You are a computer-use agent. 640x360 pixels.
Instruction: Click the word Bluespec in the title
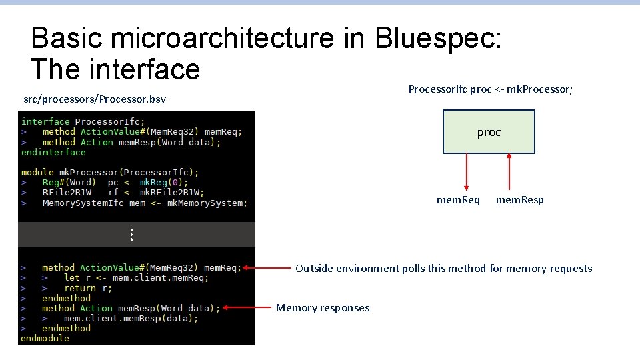(x=437, y=39)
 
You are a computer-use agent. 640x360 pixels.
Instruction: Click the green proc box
(x=489, y=132)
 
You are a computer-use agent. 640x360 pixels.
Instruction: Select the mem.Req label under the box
(x=458, y=200)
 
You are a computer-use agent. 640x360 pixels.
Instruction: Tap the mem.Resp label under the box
(x=519, y=200)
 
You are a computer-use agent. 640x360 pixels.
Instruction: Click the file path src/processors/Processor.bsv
(x=95, y=99)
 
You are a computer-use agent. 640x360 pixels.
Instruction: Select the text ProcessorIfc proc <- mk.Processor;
(x=490, y=89)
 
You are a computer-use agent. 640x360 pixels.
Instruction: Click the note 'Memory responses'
(x=323, y=307)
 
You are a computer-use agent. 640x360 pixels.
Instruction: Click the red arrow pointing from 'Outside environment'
(x=267, y=268)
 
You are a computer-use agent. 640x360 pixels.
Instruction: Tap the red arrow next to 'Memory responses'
(x=247, y=308)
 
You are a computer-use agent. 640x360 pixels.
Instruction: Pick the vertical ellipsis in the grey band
(x=132, y=235)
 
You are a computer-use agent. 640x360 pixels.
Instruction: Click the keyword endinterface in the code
(x=53, y=152)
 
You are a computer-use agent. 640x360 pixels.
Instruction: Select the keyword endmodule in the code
(x=45, y=338)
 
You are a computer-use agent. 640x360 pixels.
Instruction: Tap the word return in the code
(x=80, y=288)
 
